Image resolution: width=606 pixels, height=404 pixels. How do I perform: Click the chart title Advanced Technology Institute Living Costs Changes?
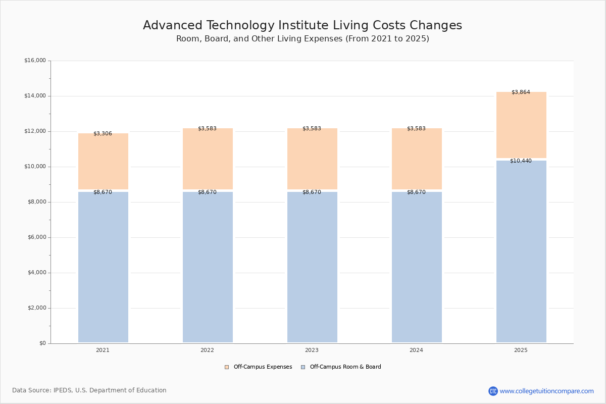click(x=302, y=26)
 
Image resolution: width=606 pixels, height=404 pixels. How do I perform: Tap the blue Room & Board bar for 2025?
click(x=521, y=252)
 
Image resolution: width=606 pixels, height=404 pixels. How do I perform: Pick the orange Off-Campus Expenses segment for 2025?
click(x=521, y=126)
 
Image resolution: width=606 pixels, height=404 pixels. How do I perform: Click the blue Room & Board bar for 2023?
click(x=312, y=268)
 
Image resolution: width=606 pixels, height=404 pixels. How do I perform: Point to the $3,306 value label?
click(x=103, y=134)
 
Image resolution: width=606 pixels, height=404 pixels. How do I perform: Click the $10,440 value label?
click(x=521, y=161)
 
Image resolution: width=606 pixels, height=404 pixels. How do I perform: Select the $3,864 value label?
click(x=521, y=92)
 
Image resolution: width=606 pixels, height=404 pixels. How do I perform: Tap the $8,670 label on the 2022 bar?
click(x=207, y=192)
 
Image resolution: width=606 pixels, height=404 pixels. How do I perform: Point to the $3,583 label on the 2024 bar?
click(x=416, y=129)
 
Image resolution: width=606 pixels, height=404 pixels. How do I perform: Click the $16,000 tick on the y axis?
click(x=35, y=61)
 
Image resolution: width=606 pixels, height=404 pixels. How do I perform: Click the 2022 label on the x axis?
click(x=207, y=350)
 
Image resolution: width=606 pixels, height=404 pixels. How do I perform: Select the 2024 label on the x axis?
click(x=416, y=350)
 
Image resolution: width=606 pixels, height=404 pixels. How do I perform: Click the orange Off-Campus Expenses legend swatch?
click(x=227, y=367)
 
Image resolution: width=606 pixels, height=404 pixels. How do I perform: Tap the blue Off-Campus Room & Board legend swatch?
click(x=303, y=367)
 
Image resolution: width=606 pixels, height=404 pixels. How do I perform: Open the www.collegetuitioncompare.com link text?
click(x=546, y=391)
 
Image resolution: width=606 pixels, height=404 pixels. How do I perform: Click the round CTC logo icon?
click(x=493, y=391)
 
